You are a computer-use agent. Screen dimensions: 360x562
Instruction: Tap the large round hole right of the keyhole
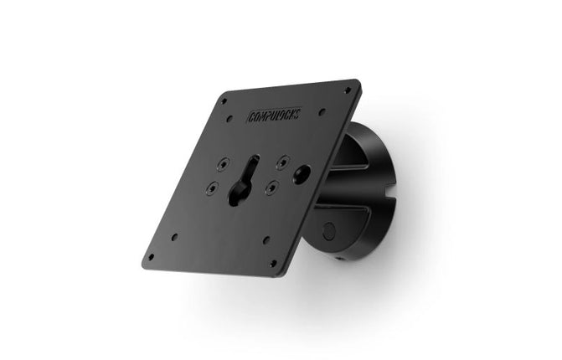[301, 173]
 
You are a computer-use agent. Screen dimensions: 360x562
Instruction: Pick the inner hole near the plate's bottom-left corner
[173, 237]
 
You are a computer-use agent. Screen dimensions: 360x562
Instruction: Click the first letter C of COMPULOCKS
[250, 118]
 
